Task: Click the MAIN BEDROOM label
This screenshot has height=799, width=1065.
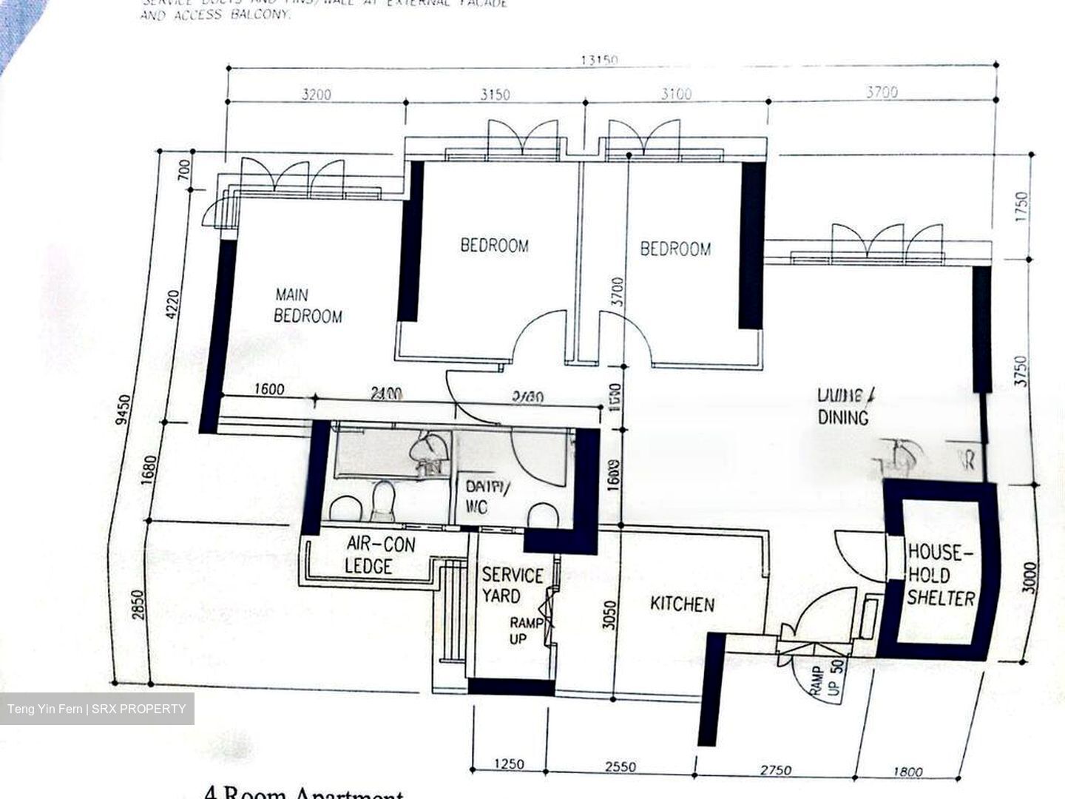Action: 308,306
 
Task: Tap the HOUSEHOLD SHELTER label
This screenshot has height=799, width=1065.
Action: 940,575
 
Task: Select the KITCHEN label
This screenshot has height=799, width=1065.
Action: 682,604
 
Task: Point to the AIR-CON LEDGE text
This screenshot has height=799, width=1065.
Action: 380,556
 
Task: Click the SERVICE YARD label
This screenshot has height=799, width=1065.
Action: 512,585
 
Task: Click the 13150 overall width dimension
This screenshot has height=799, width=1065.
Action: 598,61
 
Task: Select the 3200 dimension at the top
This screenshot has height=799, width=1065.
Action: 317,95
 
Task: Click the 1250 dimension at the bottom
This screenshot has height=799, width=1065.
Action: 508,764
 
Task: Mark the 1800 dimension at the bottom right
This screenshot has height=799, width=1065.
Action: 907,772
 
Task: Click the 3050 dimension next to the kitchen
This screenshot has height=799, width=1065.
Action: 609,613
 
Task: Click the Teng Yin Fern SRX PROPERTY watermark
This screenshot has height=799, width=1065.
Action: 97,709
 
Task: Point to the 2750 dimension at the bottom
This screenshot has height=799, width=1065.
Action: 774,770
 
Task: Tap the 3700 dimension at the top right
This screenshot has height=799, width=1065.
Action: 882,92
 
